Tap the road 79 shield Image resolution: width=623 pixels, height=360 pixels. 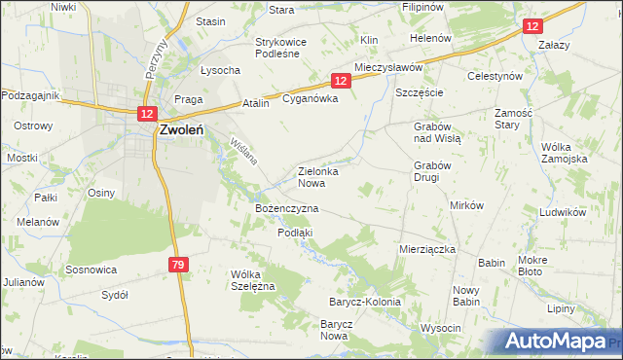(177, 265)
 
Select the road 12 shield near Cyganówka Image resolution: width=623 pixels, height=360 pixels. (340, 83)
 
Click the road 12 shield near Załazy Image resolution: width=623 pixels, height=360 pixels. (531, 28)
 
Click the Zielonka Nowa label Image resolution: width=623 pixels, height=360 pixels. (317, 176)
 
